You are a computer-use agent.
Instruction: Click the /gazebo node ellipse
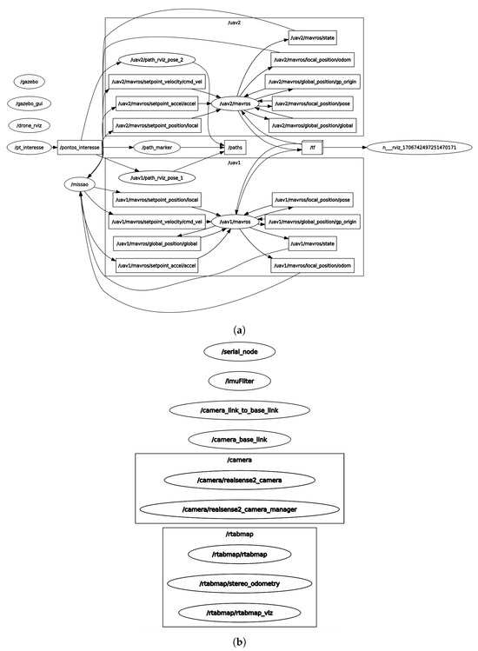coord(30,81)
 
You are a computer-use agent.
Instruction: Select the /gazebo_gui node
coord(30,103)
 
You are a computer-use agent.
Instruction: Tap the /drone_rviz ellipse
coord(30,125)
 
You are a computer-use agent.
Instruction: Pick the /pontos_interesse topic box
coord(79,148)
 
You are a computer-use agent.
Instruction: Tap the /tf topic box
coord(312,148)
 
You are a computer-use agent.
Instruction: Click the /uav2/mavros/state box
coord(312,37)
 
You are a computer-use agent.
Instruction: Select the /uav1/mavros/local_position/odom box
coord(313,265)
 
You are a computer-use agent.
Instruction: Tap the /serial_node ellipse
coord(239,351)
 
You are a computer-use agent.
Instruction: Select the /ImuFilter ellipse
coord(239,380)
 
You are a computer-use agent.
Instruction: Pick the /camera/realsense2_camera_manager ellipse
coord(239,508)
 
